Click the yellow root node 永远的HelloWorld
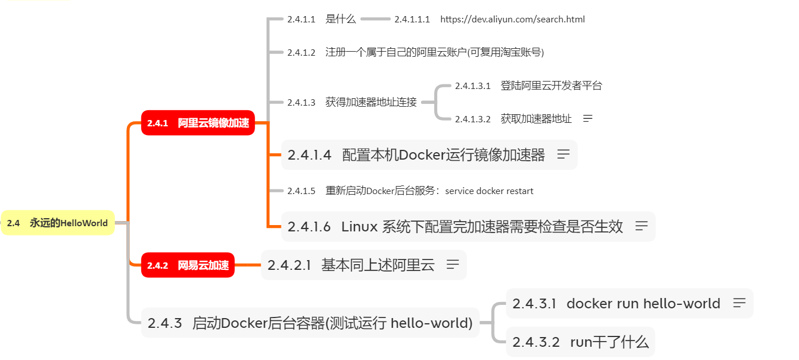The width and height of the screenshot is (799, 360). tap(57, 223)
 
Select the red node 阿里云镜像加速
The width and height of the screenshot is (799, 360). tap(198, 123)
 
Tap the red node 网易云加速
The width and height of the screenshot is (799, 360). tap(188, 265)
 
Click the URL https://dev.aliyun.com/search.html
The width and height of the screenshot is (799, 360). tap(512, 20)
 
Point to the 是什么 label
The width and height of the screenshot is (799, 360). tap(341, 20)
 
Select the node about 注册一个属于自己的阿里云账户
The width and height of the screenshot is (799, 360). tap(434, 52)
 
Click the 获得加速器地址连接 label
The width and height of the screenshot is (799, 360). tap(371, 103)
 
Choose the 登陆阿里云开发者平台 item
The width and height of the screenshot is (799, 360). tap(551, 86)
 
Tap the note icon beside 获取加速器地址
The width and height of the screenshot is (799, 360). tap(588, 119)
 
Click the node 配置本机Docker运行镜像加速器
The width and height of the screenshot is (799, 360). tap(443, 155)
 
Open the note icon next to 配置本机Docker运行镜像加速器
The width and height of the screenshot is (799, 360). tap(563, 154)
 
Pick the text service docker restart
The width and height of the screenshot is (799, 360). tap(489, 191)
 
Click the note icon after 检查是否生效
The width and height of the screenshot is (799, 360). tap(642, 226)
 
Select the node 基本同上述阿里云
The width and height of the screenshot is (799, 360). tap(377, 265)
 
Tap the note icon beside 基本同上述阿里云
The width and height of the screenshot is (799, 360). tap(453, 265)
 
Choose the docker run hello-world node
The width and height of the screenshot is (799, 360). tap(643, 304)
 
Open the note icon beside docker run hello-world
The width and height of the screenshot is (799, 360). tap(739, 303)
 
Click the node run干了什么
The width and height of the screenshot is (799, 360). tap(609, 343)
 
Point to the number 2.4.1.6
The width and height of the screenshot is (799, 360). tap(309, 227)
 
